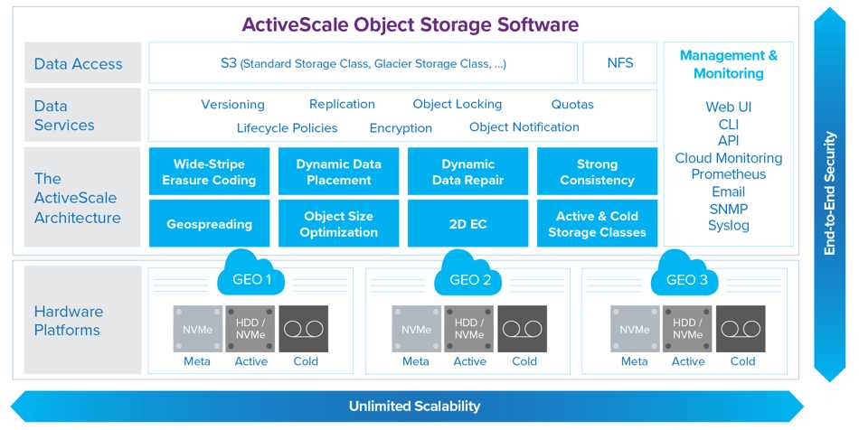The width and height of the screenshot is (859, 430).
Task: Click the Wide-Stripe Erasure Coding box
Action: (x=209, y=172)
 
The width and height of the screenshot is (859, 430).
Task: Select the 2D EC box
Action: (x=467, y=223)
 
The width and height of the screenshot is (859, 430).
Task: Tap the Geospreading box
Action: (x=209, y=223)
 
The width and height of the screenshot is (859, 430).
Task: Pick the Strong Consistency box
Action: (x=597, y=172)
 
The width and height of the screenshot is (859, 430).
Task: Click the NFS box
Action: (x=620, y=63)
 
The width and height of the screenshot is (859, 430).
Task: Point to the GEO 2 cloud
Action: (x=469, y=274)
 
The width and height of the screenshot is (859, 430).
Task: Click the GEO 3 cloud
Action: (x=686, y=274)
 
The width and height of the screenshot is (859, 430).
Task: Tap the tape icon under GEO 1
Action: (x=304, y=329)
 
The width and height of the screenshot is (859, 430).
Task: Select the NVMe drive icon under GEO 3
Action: (x=635, y=329)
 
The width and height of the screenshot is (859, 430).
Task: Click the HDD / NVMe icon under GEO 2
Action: (x=469, y=329)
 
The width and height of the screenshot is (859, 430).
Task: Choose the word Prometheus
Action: (x=729, y=174)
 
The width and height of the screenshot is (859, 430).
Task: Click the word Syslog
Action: (x=729, y=226)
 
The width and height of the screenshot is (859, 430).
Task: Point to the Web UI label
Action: (x=729, y=107)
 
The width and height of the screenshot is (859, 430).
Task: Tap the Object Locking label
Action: (x=458, y=104)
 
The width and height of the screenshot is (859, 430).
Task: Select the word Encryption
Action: (x=401, y=128)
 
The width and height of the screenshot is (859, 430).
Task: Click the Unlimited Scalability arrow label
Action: (x=415, y=406)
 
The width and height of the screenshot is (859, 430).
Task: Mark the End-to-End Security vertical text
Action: (x=830, y=193)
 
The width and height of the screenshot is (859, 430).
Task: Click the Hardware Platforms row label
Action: (x=69, y=321)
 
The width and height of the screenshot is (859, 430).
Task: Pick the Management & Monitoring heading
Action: (x=729, y=64)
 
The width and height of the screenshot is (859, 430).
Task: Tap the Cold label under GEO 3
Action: (x=743, y=361)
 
